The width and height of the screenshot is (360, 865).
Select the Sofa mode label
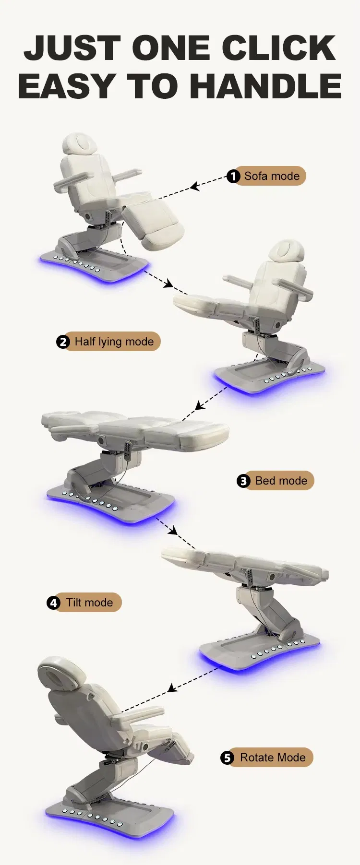click(267, 176)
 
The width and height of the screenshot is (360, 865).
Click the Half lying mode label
click(108, 342)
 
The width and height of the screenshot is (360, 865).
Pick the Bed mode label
click(276, 481)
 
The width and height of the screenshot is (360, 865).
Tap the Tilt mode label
click(84, 603)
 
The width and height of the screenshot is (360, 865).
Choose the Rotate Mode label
click(267, 758)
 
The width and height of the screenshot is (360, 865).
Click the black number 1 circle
click(233, 177)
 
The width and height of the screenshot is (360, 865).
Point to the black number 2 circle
click(63, 342)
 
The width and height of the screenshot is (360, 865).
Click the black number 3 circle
click(243, 481)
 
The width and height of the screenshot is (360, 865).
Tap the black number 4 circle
click(53, 603)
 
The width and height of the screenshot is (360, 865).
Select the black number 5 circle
click(227, 758)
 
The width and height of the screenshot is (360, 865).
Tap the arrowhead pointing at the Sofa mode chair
click(194, 186)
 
